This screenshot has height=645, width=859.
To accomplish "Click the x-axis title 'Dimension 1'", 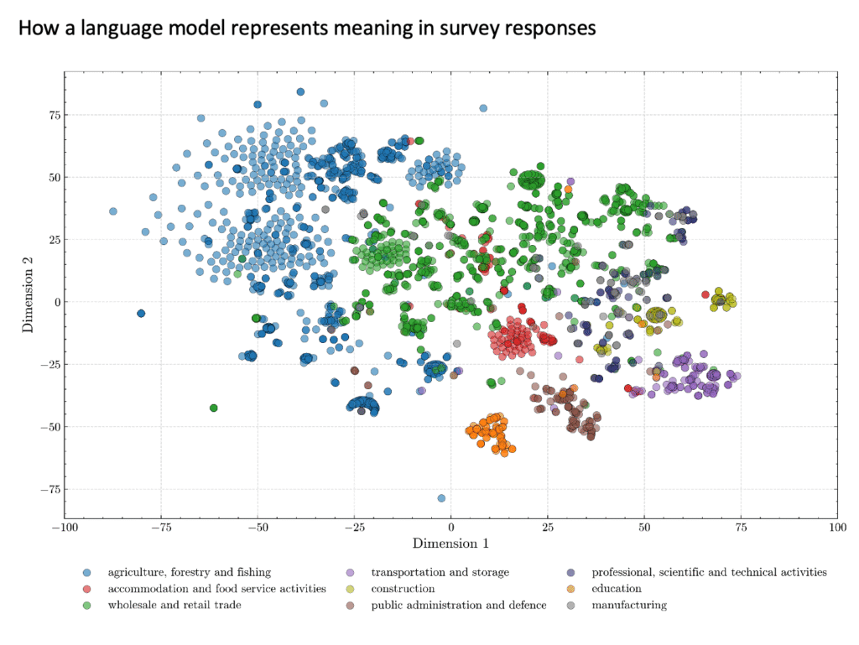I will tap(450, 544).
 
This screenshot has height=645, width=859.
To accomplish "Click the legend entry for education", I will tap(617, 589).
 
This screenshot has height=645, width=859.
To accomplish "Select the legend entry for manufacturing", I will tap(629, 605).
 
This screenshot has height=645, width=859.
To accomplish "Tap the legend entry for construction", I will tap(403, 589).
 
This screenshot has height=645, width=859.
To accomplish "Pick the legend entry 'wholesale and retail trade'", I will tap(174, 605).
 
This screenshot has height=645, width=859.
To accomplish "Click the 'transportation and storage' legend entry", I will tap(440, 572).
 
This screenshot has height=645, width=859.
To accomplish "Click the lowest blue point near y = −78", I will tap(441, 498).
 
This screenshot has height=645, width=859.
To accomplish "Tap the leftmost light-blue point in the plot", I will tap(113, 211).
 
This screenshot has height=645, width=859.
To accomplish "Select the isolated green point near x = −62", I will tap(214, 408).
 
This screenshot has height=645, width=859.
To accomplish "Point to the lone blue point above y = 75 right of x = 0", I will tap(483, 108).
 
